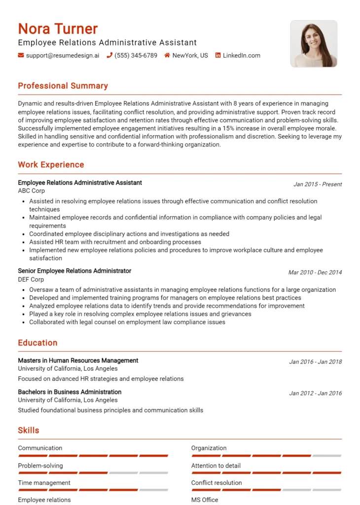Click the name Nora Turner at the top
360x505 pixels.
58,29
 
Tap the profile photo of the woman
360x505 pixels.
314,43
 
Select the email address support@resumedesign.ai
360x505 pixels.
62,56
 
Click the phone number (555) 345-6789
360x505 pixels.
136,56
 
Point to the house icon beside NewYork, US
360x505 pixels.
167,56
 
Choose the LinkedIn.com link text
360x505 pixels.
241,56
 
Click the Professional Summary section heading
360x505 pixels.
63,86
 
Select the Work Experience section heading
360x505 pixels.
51,165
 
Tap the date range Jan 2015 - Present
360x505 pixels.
318,184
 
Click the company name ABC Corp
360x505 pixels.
31,190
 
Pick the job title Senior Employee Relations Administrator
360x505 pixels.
74,271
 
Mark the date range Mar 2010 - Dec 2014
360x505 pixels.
315,272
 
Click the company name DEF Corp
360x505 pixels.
31,279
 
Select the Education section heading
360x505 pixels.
37,343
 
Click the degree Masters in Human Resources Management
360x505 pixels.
78,361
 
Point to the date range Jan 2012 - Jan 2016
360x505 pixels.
315,394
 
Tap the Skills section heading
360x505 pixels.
29,431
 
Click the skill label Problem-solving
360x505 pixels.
40,466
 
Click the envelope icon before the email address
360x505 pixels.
21,56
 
